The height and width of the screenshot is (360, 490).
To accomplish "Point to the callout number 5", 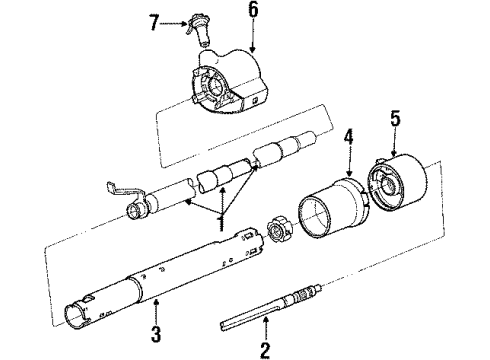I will [x=394, y=119].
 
